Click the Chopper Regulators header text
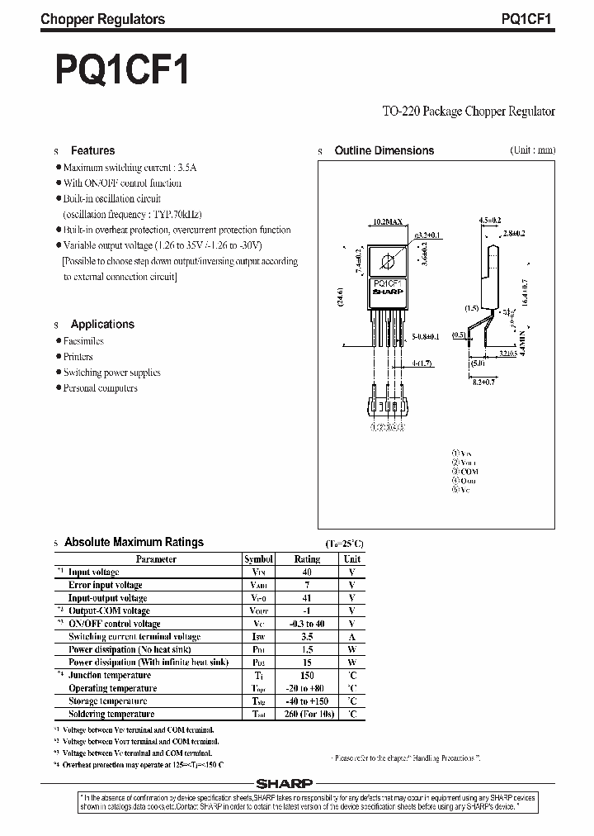click(102, 19)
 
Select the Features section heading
click(92, 150)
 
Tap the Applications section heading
click(102, 324)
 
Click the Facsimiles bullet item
click(83, 340)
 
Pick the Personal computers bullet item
click(101, 388)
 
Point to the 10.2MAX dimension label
click(388, 222)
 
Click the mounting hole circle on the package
click(388, 262)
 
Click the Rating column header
click(307, 559)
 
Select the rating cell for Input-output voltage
click(307, 598)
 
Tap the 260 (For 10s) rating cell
click(307, 715)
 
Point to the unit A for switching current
click(351, 637)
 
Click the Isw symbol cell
click(258, 637)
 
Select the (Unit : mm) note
click(510, 150)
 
